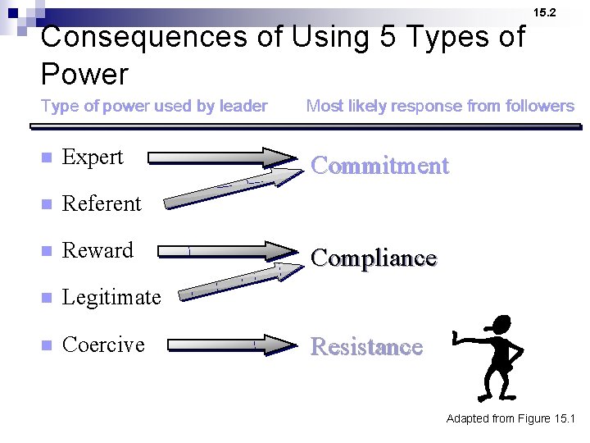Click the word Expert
pos(93,158)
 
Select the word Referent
pos(102,203)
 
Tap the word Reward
pos(98,250)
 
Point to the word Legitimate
pos(111,297)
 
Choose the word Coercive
pos(103,345)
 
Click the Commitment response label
pos(380,166)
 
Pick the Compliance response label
pos(374,258)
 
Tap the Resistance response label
pos(366,347)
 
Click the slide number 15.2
pos(544,12)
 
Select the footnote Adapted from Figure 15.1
pos(511,419)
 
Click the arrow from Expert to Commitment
pos(221,158)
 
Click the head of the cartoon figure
pos(497,326)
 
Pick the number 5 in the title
pos(389,37)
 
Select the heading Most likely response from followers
pos(440,106)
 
